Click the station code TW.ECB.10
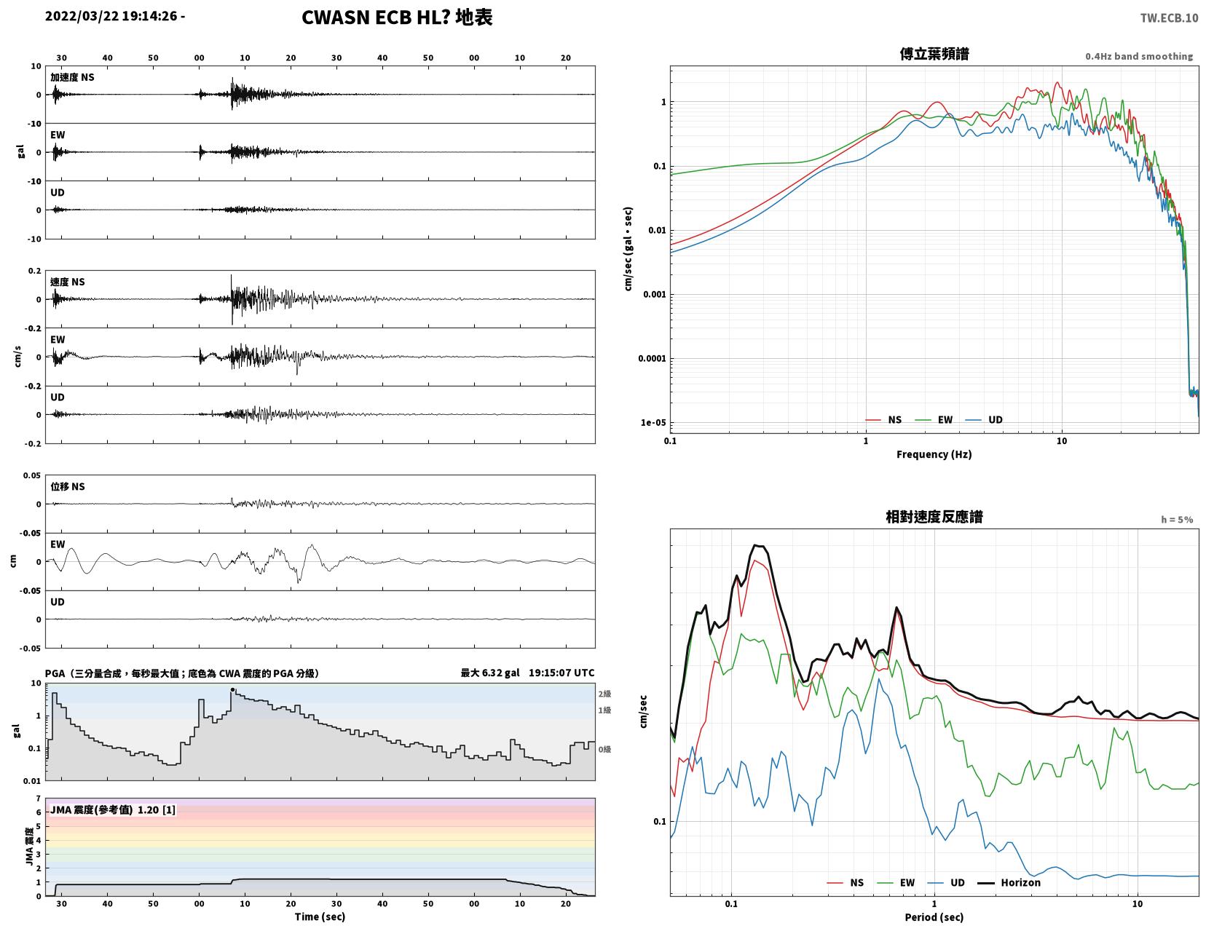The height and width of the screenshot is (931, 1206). pos(1169,17)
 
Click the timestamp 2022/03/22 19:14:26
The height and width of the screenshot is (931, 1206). pos(111,16)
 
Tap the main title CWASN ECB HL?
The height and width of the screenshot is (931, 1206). pos(375,17)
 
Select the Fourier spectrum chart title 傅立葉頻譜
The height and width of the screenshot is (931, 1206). pos(934,54)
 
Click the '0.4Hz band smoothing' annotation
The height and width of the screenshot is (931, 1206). pos(1139,56)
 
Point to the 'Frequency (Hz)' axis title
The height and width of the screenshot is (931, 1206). pos(934,454)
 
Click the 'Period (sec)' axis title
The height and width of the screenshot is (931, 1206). pos(934,917)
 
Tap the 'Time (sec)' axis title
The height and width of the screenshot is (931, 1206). pos(320,916)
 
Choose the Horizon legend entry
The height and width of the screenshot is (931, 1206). pos(1009,883)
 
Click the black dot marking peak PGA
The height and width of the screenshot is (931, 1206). pos(232,690)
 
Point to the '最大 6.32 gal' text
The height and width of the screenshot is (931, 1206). pos(490,673)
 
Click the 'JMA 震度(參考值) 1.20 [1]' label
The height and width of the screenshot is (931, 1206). pos(113,809)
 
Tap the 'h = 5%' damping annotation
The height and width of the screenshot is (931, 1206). pos(1177,520)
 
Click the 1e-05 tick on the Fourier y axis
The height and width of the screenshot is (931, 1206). pos(653,422)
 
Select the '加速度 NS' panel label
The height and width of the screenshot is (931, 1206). pos(72,77)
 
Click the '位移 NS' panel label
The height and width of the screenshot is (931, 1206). pos(68,486)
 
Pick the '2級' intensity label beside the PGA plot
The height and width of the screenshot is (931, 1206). pos(604,694)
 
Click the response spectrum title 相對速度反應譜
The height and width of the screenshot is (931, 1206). pos(934,517)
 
